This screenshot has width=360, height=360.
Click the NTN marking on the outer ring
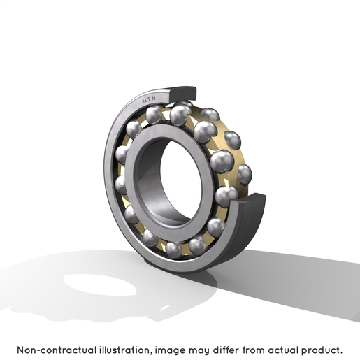(x=149, y=99)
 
